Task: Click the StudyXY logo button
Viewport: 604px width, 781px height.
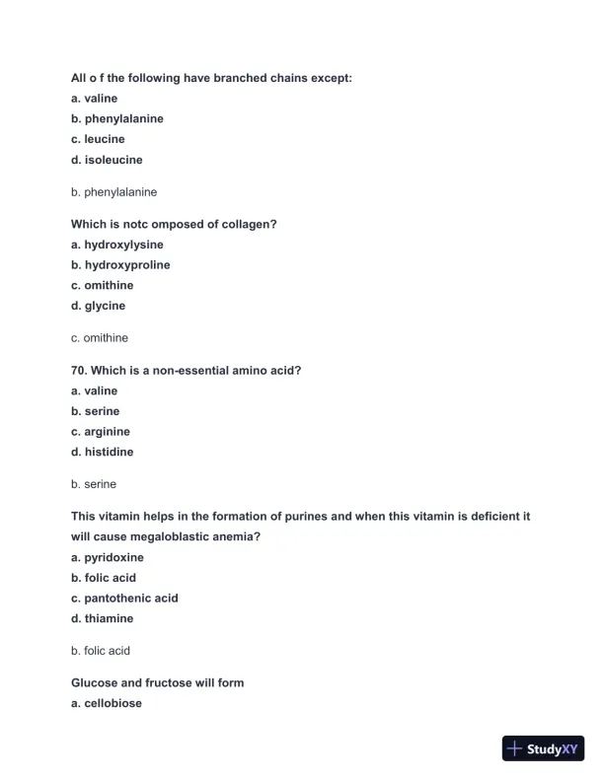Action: (x=543, y=748)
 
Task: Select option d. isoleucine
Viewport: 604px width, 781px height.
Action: (x=107, y=160)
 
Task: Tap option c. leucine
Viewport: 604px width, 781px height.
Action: (x=98, y=139)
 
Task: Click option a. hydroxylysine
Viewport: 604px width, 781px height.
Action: (x=117, y=245)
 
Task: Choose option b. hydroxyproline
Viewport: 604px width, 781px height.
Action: (x=120, y=265)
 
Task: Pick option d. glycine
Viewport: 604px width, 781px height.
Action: (x=98, y=306)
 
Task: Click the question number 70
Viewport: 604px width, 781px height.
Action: (x=79, y=371)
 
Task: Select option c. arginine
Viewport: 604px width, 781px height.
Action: (x=101, y=432)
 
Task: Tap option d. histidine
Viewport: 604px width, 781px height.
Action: (x=102, y=452)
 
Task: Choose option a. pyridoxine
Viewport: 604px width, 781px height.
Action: (x=108, y=557)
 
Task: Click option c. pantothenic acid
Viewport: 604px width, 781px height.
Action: (x=124, y=599)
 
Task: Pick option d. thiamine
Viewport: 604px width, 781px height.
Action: (x=102, y=618)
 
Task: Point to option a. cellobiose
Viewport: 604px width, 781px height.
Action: (x=107, y=703)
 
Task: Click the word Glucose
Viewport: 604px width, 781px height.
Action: (x=95, y=682)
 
